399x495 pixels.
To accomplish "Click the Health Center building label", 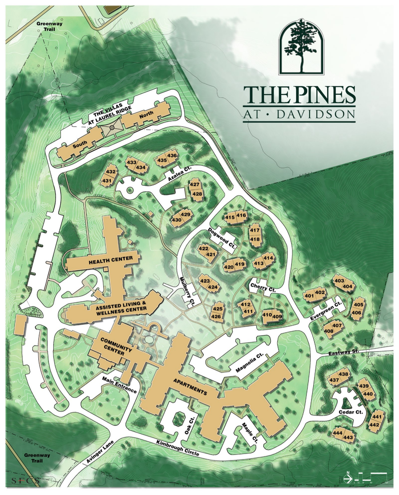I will pos(102,261).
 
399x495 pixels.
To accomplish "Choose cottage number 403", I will pos(339,281).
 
